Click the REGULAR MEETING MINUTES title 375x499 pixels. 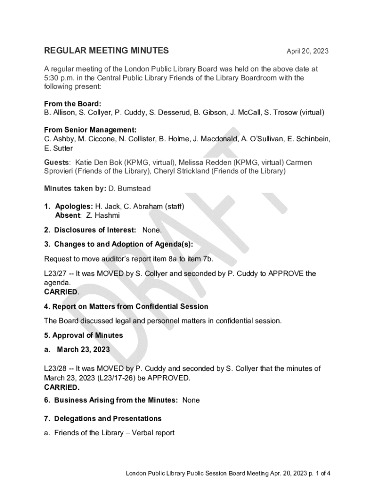pyautogui.click(x=107, y=51)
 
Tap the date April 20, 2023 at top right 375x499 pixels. pyautogui.click(x=307, y=51)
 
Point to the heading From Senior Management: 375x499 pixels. pyautogui.click(x=90, y=130)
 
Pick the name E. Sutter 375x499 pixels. pyautogui.click(x=58, y=148)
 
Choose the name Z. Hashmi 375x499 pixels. pyautogui.click(x=103, y=215)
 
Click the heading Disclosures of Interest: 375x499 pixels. pyautogui.click(x=95, y=230)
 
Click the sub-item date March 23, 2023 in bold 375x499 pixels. pyautogui.click(x=83, y=349)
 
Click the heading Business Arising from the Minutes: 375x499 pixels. pyautogui.click(x=116, y=400)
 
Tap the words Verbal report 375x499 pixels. pyautogui.click(x=153, y=433)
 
